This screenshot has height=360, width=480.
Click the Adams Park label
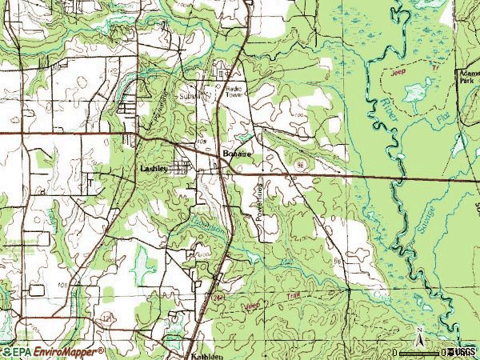[x=467, y=76]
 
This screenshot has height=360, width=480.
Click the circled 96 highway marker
[x=300, y=163]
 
